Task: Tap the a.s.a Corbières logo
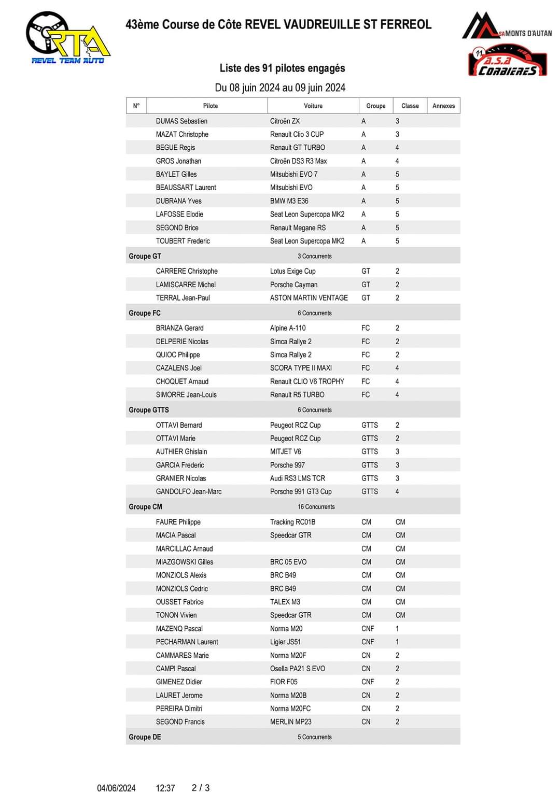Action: [507, 62]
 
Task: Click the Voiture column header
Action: [313, 106]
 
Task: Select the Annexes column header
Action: [443, 106]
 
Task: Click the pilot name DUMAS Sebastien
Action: [181, 121]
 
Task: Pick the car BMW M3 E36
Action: [289, 201]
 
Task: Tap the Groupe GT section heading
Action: [145, 256]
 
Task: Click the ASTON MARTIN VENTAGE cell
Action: [309, 298]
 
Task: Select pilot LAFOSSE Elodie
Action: [179, 215]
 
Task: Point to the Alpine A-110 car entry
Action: [288, 328]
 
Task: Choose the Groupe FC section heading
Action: [145, 313]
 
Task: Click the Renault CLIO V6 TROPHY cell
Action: [307, 381]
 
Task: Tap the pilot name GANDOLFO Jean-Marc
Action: [188, 492]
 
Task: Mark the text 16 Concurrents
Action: [316, 507]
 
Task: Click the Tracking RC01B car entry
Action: [292, 522]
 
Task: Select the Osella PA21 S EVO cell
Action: [297, 669]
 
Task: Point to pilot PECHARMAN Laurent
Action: [187, 642]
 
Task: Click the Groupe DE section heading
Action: [145, 737]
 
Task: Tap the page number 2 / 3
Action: [201, 788]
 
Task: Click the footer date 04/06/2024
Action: [116, 788]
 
